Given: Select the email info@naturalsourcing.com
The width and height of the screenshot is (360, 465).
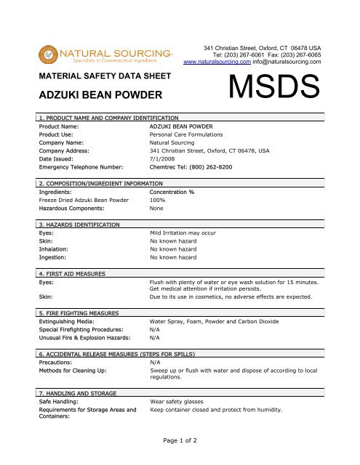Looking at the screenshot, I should pyautogui.click(x=290, y=62).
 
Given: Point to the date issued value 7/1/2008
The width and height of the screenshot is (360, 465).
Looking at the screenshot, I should pyautogui.click(x=161, y=158).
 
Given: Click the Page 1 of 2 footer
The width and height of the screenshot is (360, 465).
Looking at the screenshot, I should pyautogui.click(x=180, y=440).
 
